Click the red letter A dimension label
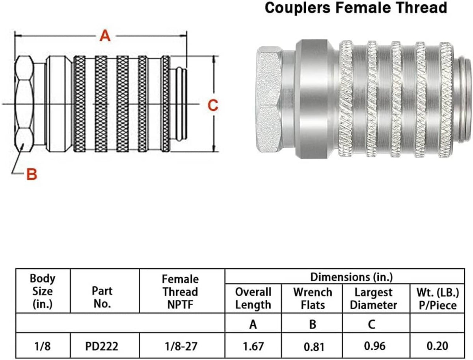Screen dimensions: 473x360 (105, 36)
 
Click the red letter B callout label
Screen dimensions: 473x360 (32, 174)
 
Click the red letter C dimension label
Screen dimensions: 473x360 (213, 105)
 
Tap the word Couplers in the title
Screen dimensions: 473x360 (297, 8)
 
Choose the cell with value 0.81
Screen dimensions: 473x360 (314, 347)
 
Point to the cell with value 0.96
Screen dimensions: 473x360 (375, 346)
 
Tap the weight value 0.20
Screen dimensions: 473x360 (437, 346)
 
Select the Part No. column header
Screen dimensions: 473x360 (102, 297)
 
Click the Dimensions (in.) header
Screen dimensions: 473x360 (351, 277)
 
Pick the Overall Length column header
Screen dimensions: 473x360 (253, 299)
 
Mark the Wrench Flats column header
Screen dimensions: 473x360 (313, 299)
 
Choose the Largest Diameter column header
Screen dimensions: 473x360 (373, 299)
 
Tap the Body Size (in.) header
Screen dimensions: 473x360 (43, 291)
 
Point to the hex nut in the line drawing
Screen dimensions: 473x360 (24, 104)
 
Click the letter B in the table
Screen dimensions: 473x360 (313, 324)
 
